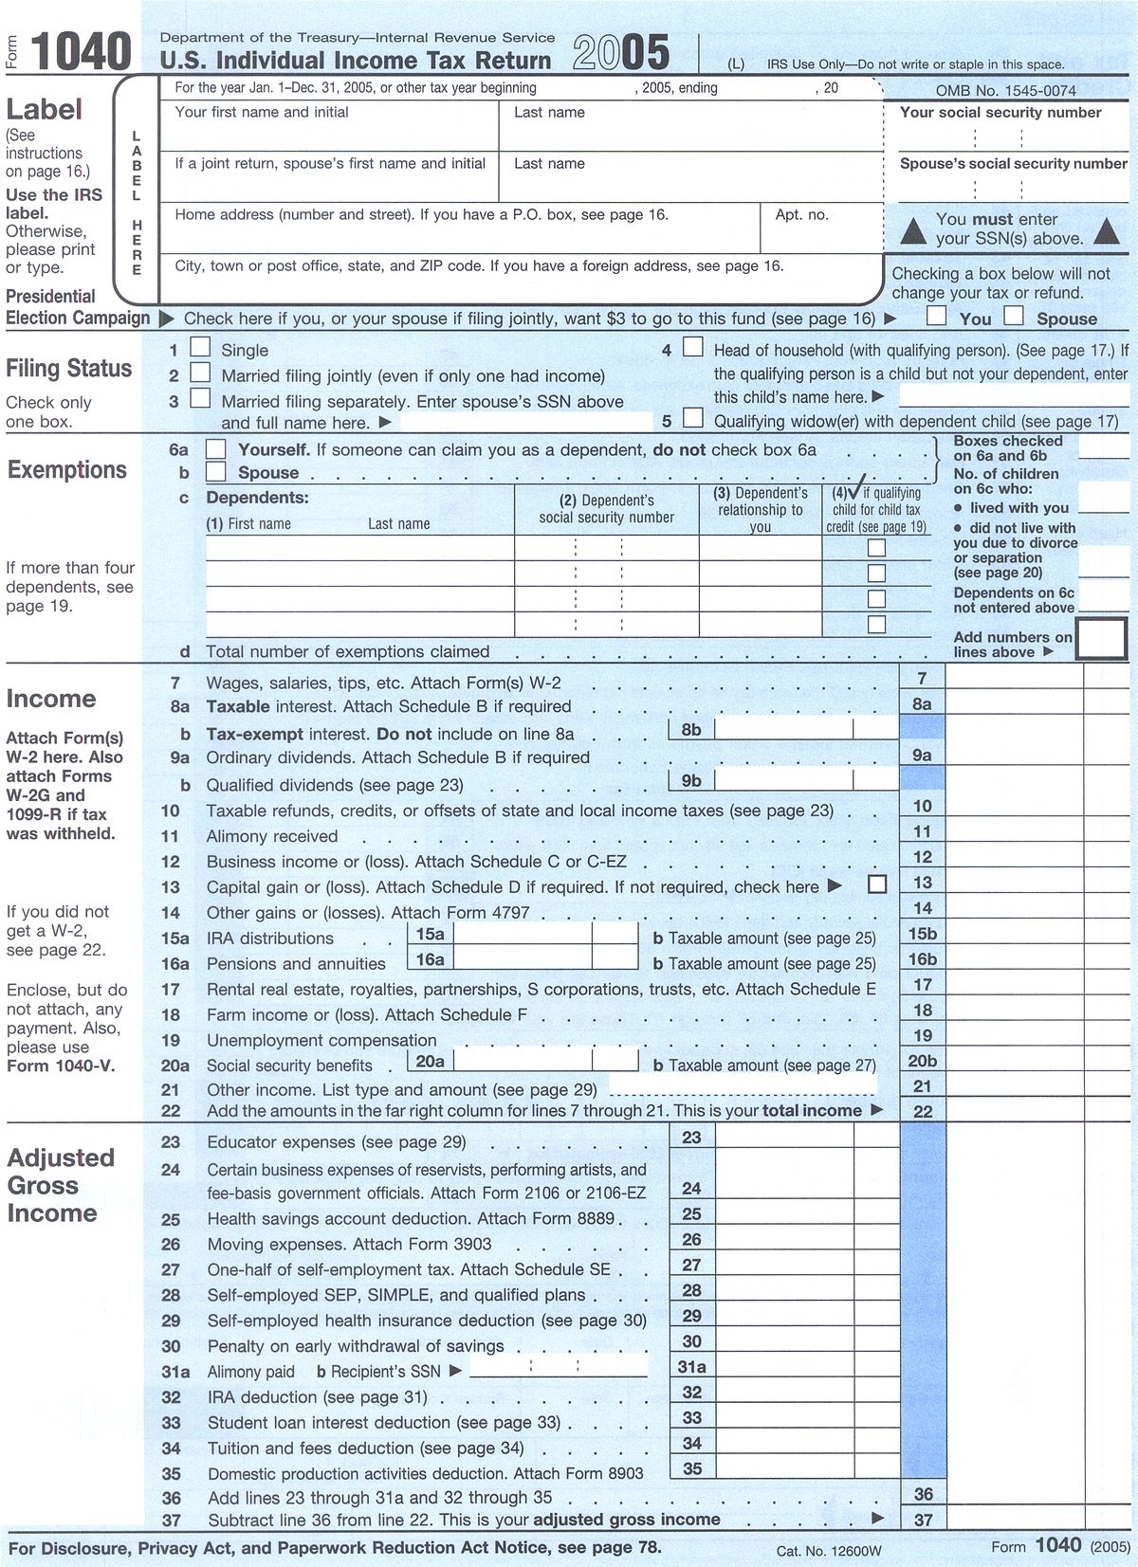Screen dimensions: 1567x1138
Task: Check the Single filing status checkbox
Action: [x=200, y=348]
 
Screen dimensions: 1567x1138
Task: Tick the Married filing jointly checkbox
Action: [x=200, y=373]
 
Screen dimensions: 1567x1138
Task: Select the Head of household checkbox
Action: [x=693, y=347]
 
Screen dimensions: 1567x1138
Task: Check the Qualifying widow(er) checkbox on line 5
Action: [x=693, y=418]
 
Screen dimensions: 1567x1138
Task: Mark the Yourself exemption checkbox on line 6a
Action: [x=216, y=448]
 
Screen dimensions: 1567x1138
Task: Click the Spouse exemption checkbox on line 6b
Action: [x=216, y=471]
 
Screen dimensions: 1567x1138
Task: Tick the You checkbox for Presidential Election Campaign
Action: [x=936, y=316]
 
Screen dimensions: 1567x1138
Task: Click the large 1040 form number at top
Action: [x=81, y=51]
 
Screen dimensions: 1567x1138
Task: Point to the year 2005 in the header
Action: [x=621, y=53]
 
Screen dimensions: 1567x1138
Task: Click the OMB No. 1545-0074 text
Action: [x=1005, y=91]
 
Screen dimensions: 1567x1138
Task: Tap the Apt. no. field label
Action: [x=801, y=215]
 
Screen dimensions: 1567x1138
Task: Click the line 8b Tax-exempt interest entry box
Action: [x=783, y=729]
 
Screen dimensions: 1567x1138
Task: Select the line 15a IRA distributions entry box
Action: [x=523, y=934]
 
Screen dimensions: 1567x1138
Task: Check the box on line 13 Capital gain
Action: [x=877, y=884]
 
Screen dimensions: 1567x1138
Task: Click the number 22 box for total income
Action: [x=923, y=1111]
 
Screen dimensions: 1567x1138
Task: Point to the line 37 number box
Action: [x=923, y=1520]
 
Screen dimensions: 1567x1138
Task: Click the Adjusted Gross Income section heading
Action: [x=61, y=1185]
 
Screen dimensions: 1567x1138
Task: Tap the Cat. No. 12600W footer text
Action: [x=828, y=1551]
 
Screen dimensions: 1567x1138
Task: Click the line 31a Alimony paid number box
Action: [x=691, y=1367]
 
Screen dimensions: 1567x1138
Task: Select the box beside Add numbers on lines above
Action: [x=1101, y=639]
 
